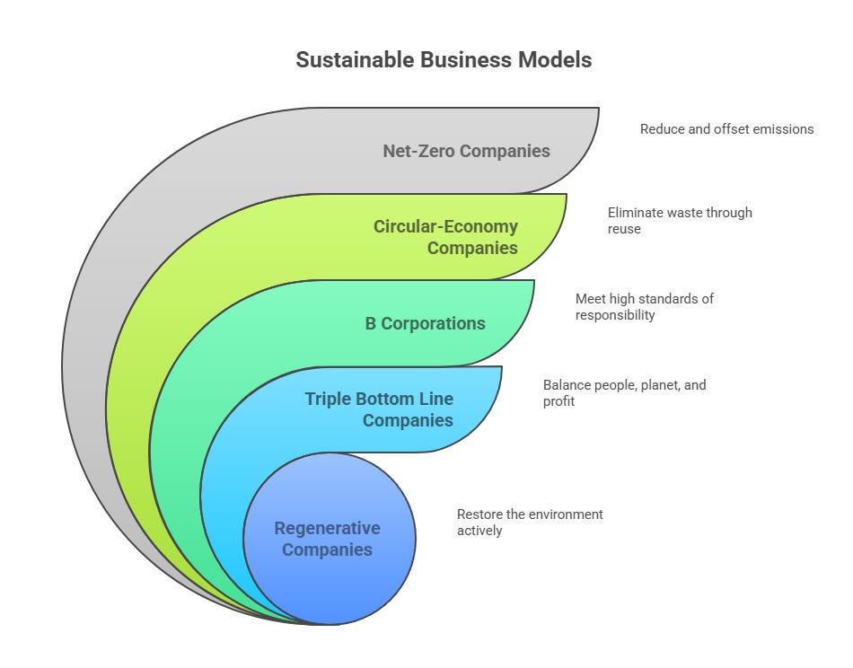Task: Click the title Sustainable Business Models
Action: pyautogui.click(x=444, y=60)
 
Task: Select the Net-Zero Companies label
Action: pyautogui.click(x=466, y=151)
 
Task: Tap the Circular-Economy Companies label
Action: pyautogui.click(x=446, y=236)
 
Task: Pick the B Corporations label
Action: pyautogui.click(x=425, y=323)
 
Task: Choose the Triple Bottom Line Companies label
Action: pyautogui.click(x=378, y=409)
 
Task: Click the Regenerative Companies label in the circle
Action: pyautogui.click(x=328, y=539)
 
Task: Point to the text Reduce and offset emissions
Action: pyautogui.click(x=726, y=129)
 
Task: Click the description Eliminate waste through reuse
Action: pyautogui.click(x=680, y=221)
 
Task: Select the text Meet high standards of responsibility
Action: pyautogui.click(x=645, y=306)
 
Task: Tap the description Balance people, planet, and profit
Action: pyautogui.click(x=624, y=392)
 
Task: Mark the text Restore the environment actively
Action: pyautogui.click(x=530, y=523)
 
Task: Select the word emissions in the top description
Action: pyautogui.click(x=782, y=129)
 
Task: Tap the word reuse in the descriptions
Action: pyautogui.click(x=625, y=230)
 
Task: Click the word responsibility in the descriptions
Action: pyautogui.click(x=616, y=315)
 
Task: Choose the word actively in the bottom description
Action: pyautogui.click(x=479, y=531)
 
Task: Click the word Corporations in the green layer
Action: pyautogui.click(x=434, y=323)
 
